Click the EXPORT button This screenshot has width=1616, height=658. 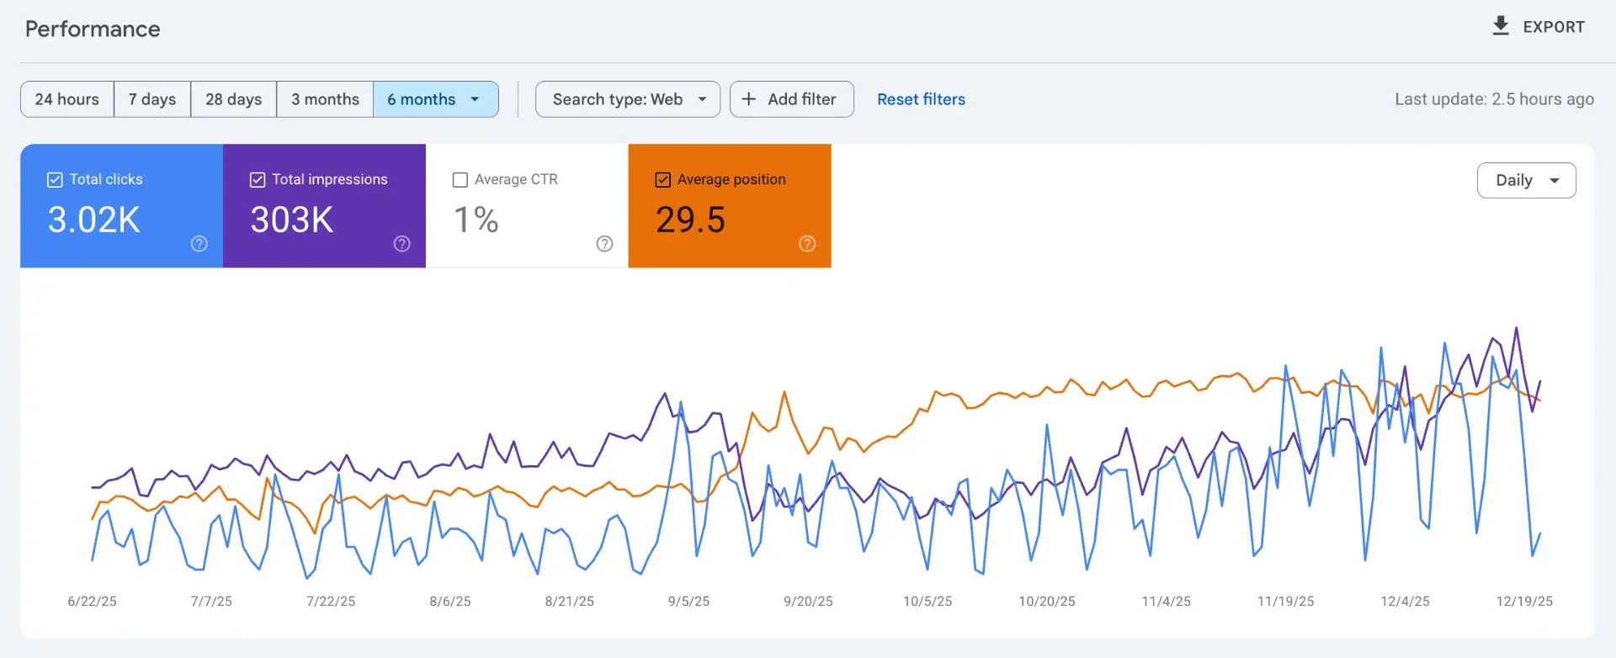(x=1538, y=27)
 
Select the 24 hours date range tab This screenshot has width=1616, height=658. (x=67, y=99)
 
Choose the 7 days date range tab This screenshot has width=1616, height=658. (x=152, y=99)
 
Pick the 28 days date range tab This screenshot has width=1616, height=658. (x=234, y=99)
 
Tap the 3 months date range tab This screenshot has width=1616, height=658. (x=325, y=99)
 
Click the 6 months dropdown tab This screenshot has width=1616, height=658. (x=434, y=99)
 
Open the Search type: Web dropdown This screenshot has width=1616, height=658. (x=628, y=99)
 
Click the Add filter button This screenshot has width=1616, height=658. (x=791, y=99)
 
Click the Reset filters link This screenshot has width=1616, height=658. (x=921, y=99)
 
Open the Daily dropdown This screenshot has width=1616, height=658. (x=1526, y=180)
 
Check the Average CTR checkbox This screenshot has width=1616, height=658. (x=460, y=180)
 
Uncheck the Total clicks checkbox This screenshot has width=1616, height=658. (x=55, y=180)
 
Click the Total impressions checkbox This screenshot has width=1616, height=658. (x=258, y=180)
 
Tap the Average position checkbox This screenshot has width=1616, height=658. (x=663, y=180)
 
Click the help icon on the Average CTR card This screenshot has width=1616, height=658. (x=604, y=244)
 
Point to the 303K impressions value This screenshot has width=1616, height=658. (x=291, y=220)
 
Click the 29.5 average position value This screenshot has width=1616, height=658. (x=690, y=220)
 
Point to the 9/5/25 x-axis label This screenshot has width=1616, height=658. (x=688, y=602)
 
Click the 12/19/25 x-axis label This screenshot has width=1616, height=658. (x=1524, y=602)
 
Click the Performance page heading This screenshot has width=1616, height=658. (x=93, y=29)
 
